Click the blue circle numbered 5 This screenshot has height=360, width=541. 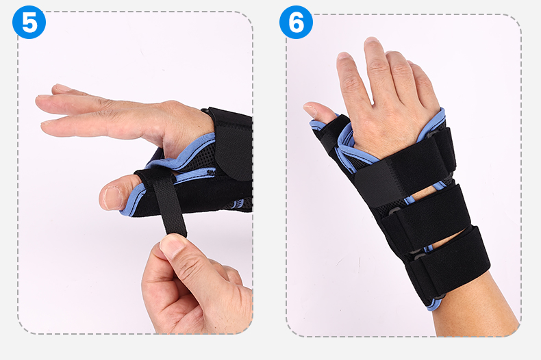click(29, 23)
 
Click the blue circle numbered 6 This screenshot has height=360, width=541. click(296, 23)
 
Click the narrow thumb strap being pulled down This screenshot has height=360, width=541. click(168, 203)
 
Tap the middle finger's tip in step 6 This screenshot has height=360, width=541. click(372, 42)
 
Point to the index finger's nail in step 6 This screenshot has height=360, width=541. click(344, 55)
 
